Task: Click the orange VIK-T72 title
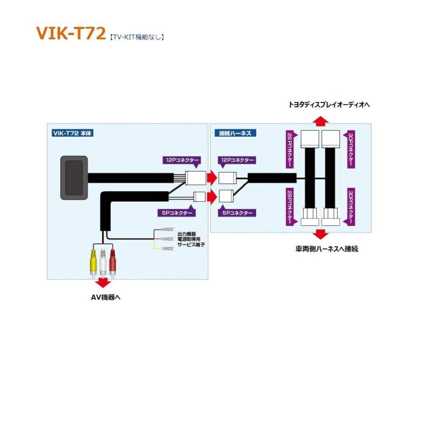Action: point(71,33)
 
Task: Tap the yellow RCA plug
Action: point(93,263)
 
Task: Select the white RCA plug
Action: point(102,263)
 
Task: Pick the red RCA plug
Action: point(112,263)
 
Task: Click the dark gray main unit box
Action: point(74,177)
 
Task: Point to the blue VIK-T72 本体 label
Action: point(73,133)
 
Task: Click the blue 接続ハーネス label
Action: point(235,133)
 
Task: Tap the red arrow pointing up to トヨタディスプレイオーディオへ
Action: point(321,121)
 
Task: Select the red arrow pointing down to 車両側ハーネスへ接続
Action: point(321,234)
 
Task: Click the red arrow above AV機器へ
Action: point(103,283)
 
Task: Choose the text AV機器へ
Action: point(106,297)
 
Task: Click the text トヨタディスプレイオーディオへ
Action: point(329,104)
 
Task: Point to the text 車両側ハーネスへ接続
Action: point(327,249)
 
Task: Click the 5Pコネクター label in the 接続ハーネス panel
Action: point(237,213)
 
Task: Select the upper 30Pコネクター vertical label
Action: point(350,149)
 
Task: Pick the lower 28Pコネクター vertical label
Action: point(290,207)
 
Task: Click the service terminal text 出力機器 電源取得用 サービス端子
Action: point(191,240)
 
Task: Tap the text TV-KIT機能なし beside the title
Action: point(137,37)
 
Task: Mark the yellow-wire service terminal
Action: point(167,249)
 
